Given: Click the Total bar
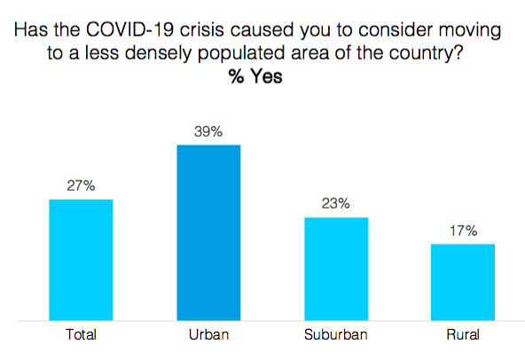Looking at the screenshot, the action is point(81,260).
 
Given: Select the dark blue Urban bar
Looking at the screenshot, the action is point(208,232).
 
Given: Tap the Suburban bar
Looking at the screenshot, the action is point(336,269).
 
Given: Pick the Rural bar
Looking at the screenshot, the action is point(463,282).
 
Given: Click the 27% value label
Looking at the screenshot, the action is point(81,185).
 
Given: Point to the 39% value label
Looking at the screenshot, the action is point(208,131).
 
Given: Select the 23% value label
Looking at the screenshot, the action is point(336,203).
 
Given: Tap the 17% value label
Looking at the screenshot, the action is point(464,231).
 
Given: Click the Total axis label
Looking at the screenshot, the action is point(81,334).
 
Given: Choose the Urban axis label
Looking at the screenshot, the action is point(209,334).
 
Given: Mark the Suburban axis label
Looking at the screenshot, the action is point(336,334).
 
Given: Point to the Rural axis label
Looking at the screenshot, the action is point(463,334).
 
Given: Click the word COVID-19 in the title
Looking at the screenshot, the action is point(129,29).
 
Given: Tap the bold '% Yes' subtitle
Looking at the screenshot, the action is point(255,76).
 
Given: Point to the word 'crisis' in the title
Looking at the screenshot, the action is point(202,29).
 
